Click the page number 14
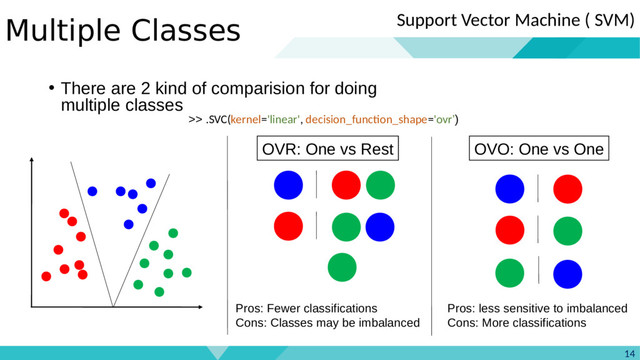pos(628,351)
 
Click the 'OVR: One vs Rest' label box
pos(327,150)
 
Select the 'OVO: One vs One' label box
pos(538,150)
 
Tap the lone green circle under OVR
pos(342,267)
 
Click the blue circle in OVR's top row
pos(288,185)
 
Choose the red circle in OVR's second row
pos(288,226)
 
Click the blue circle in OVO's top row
pos(509,188)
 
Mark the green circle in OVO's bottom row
pos(509,272)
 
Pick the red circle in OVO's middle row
pos(509,230)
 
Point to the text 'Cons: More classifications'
pos(516,323)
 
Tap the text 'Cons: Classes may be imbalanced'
pos(326,323)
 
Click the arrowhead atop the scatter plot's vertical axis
pos(33,159)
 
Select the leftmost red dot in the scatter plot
pos(46,276)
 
